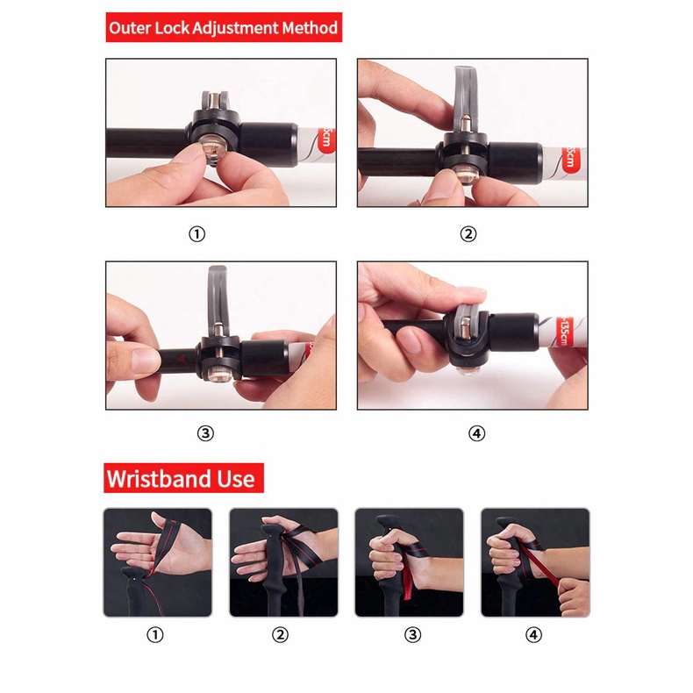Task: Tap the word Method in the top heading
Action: pyautogui.click(x=310, y=28)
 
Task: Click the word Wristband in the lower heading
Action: pyautogui.click(x=159, y=479)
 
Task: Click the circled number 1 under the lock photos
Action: pyautogui.click(x=197, y=234)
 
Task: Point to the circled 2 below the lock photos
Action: pyautogui.click(x=468, y=234)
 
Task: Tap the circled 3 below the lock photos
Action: pyautogui.click(x=205, y=433)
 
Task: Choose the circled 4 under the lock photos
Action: pyautogui.click(x=477, y=433)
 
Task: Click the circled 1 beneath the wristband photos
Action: pyautogui.click(x=155, y=634)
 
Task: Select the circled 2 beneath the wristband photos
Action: pyautogui.click(x=280, y=634)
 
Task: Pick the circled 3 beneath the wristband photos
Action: pyautogui.click(x=413, y=634)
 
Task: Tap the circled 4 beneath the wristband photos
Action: pyautogui.click(x=534, y=634)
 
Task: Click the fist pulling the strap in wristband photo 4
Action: pyautogui.click(x=574, y=597)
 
